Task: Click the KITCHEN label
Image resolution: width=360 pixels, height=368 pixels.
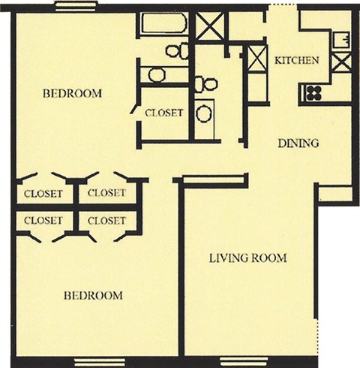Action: tap(297, 60)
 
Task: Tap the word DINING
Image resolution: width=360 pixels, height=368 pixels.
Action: tap(298, 143)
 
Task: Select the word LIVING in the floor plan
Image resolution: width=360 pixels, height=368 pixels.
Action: tap(227, 258)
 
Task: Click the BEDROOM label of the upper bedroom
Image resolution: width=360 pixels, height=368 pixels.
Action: tap(72, 94)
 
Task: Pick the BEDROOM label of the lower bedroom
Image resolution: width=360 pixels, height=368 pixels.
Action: tap(92, 295)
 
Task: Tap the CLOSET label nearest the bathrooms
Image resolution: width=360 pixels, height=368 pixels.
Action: tap(163, 113)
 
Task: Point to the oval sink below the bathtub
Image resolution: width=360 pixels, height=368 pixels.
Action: tap(157, 74)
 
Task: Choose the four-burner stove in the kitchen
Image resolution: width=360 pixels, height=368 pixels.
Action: tap(312, 93)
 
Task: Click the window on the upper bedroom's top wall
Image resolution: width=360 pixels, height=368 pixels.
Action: tap(75, 7)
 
